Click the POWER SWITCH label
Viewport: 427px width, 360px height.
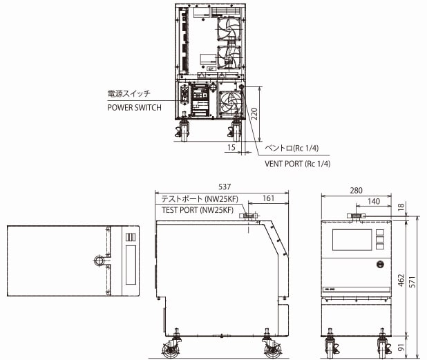click(134, 108)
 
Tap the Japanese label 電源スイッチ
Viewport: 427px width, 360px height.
click(129, 93)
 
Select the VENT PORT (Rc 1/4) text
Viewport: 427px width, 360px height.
click(298, 164)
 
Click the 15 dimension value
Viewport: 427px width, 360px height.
click(230, 148)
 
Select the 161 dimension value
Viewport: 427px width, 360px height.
click(269, 199)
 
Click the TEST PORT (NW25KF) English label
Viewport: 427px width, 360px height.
click(200, 210)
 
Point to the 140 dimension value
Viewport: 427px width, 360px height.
click(373, 201)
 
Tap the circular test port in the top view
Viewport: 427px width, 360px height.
click(99, 261)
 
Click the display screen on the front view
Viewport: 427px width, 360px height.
click(352, 240)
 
